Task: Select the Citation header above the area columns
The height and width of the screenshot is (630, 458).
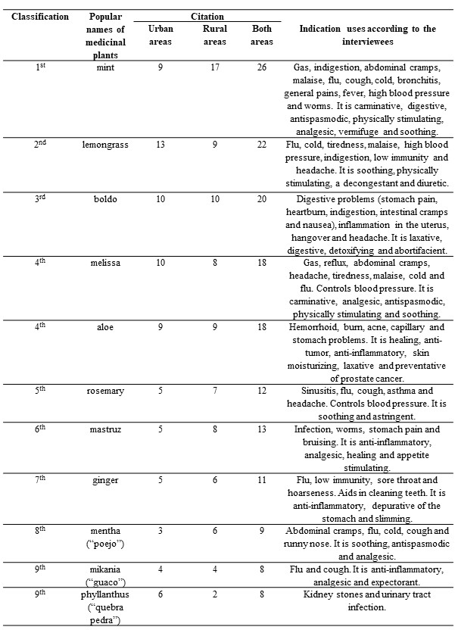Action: (207, 15)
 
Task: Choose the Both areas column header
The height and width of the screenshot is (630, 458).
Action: (262, 35)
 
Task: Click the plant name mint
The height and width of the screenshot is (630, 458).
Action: (107, 69)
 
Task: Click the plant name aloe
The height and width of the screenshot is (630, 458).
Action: (107, 325)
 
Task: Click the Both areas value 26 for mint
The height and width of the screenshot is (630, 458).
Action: (262, 69)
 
